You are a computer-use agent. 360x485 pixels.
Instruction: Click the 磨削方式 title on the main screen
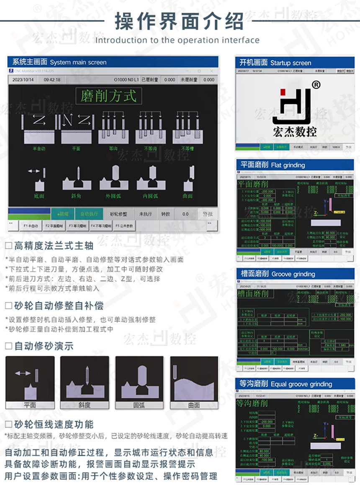[x=108, y=96]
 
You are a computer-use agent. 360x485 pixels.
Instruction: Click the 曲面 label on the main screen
[x=188, y=195]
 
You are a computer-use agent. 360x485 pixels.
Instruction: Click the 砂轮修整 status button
[x=118, y=213]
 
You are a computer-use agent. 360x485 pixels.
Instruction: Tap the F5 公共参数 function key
[x=124, y=226]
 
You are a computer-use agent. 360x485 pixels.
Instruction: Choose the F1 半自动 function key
[x=31, y=226]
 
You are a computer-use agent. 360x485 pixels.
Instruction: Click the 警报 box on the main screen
[x=208, y=213]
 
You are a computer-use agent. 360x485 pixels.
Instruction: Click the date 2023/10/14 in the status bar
[x=23, y=80]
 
